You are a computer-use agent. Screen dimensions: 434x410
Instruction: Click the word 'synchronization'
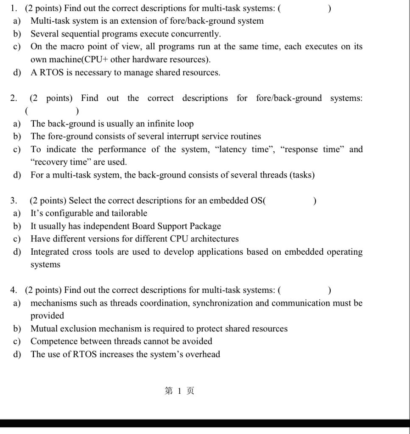coord(223,303)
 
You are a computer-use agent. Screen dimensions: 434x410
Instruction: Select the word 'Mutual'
coord(44,328)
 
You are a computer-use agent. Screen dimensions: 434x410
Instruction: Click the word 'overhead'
coord(203,354)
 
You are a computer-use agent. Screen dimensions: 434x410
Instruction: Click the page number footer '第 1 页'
coord(179,391)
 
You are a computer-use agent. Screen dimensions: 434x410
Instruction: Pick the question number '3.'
coord(14,200)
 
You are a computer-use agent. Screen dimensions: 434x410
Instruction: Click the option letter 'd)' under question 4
coord(17,354)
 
